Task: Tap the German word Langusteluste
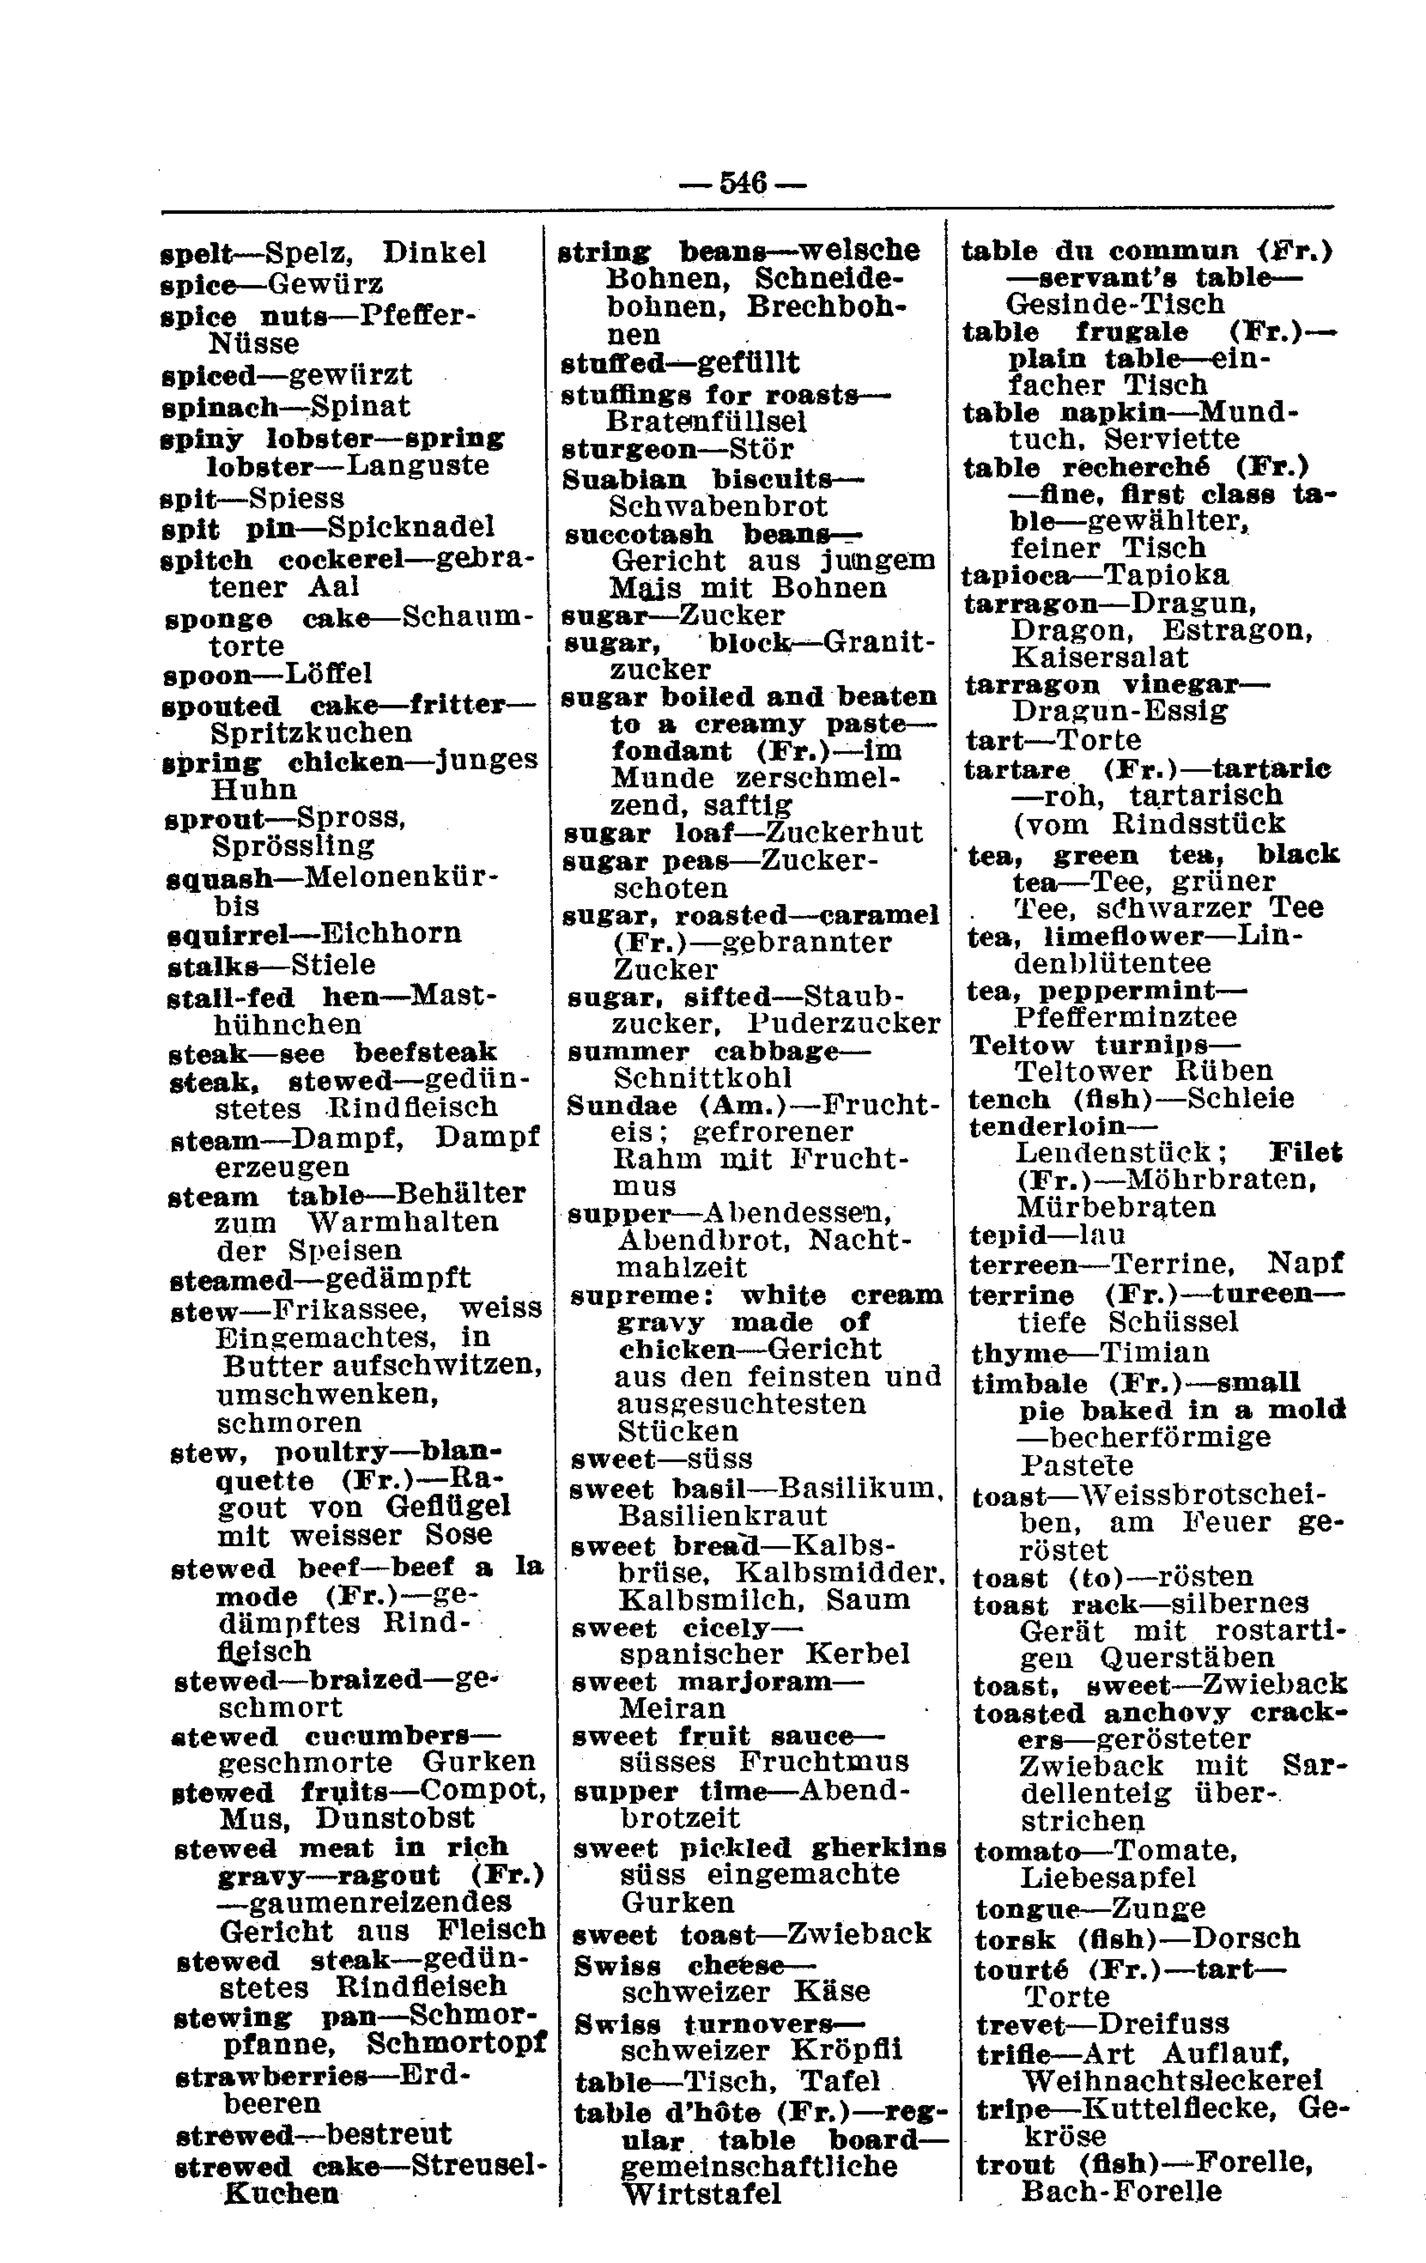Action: click(417, 466)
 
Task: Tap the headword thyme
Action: click(1020, 1353)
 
